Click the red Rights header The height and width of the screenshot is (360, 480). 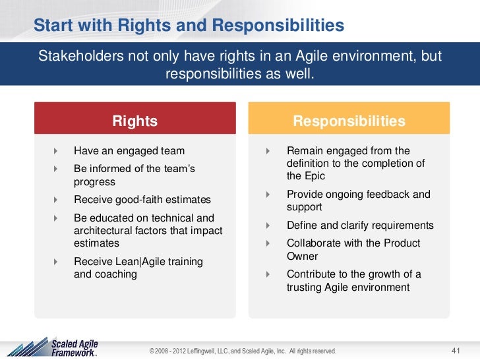(x=135, y=121)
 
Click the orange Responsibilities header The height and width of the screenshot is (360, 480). (x=349, y=121)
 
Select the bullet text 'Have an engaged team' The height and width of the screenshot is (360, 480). (x=129, y=151)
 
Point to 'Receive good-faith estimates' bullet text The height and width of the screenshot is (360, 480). (x=142, y=200)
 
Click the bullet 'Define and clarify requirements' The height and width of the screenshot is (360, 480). (x=360, y=225)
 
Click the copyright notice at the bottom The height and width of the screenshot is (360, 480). (x=243, y=351)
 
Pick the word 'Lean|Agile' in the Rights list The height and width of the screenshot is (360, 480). (x=138, y=262)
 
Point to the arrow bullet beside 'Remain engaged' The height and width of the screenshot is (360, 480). (x=268, y=151)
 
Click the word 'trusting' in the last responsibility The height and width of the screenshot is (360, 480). (x=306, y=287)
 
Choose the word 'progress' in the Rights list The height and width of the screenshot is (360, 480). (x=94, y=182)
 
